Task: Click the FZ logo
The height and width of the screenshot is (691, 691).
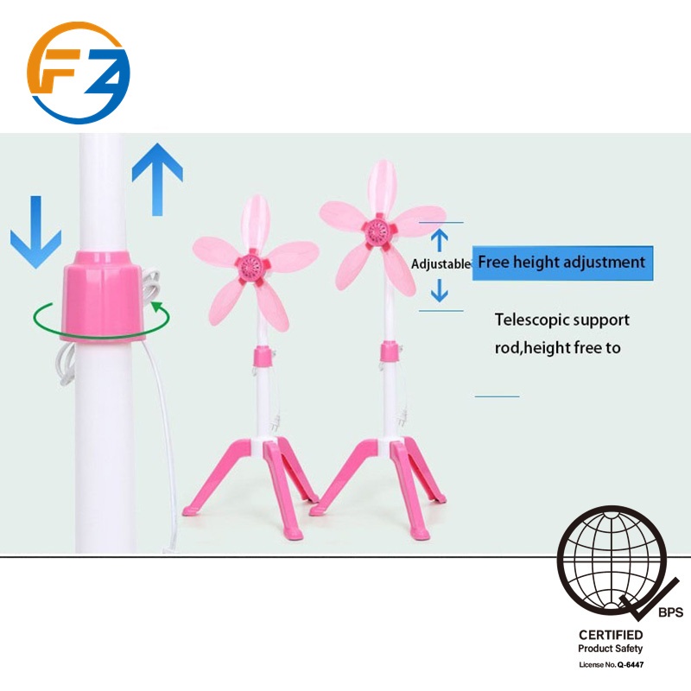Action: coord(78,73)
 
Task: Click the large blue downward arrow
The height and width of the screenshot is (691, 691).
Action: coord(35,229)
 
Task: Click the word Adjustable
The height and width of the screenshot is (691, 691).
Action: coord(441,263)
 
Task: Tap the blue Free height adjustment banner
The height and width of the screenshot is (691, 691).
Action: coord(561,262)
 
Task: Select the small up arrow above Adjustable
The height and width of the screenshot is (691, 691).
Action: coord(440,239)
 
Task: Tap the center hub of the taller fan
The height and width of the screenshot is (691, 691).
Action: coord(377,231)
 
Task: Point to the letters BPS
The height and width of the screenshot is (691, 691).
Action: coord(670,613)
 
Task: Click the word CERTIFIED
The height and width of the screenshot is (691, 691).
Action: coord(611,635)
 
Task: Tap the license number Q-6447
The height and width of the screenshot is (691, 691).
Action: coord(631,664)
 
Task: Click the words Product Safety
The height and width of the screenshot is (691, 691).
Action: coord(611,649)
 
